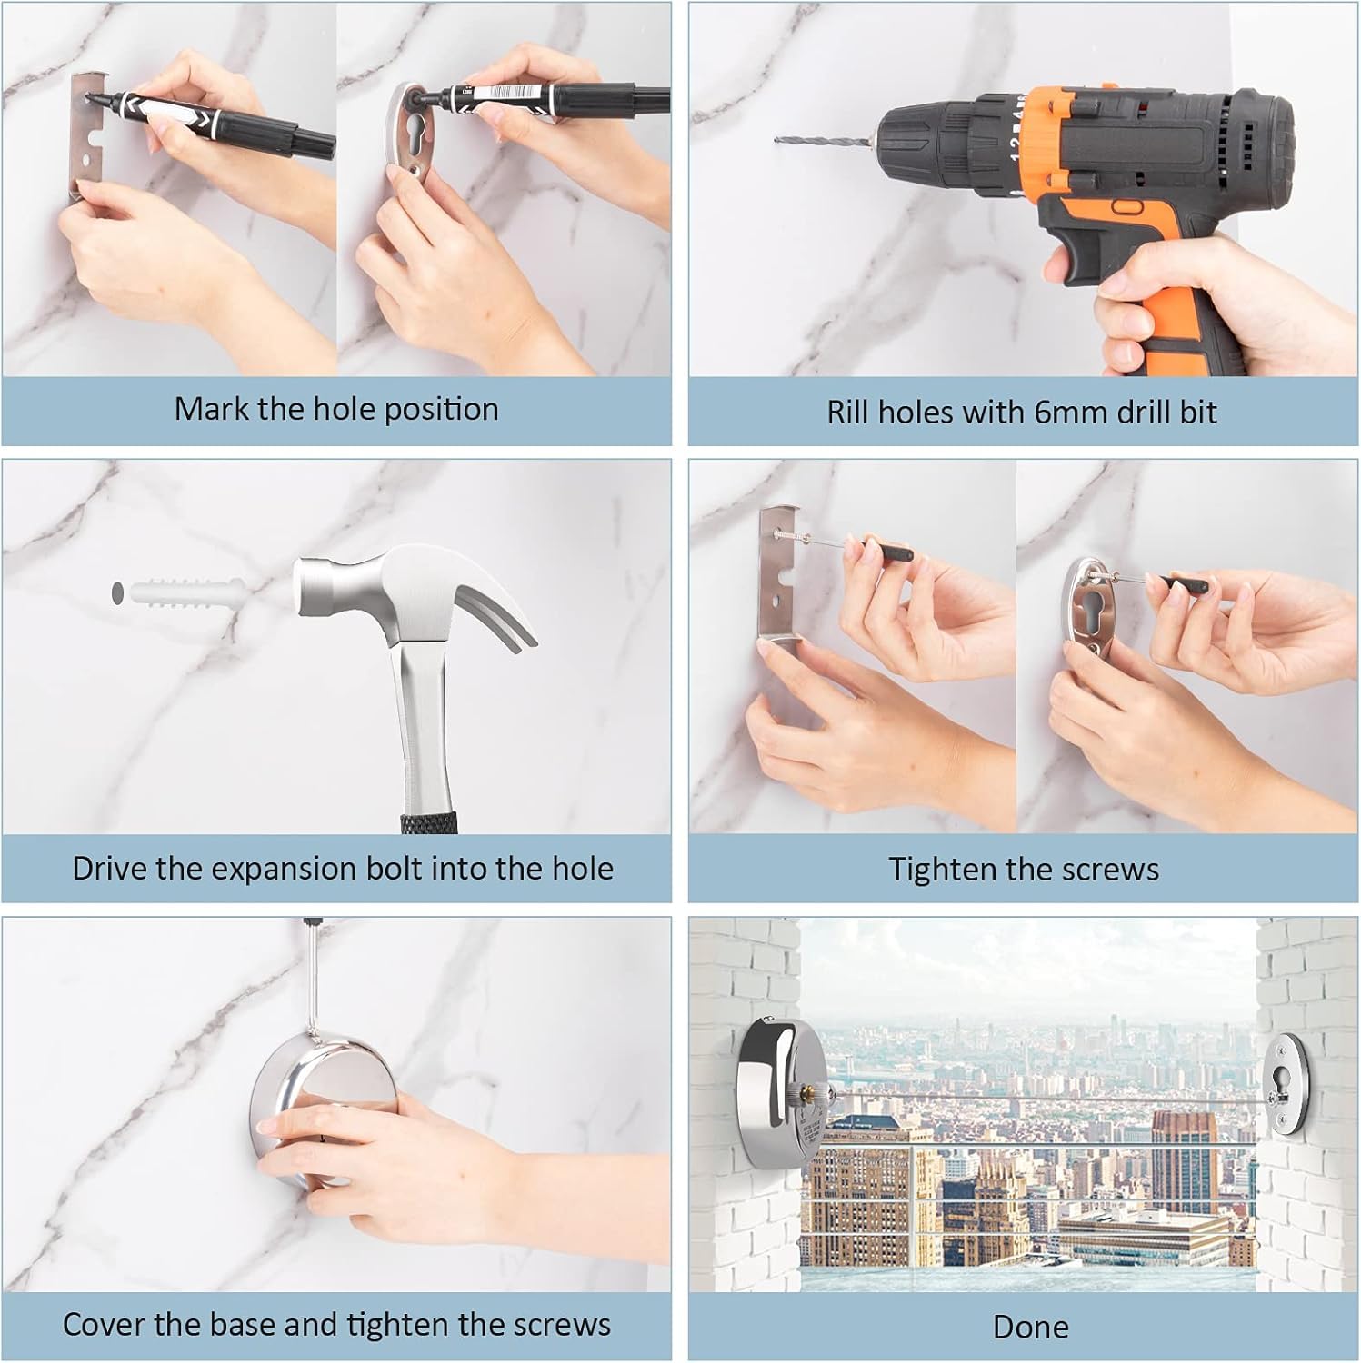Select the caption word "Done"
(1030, 1327)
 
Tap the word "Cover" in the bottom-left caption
(103, 1324)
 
